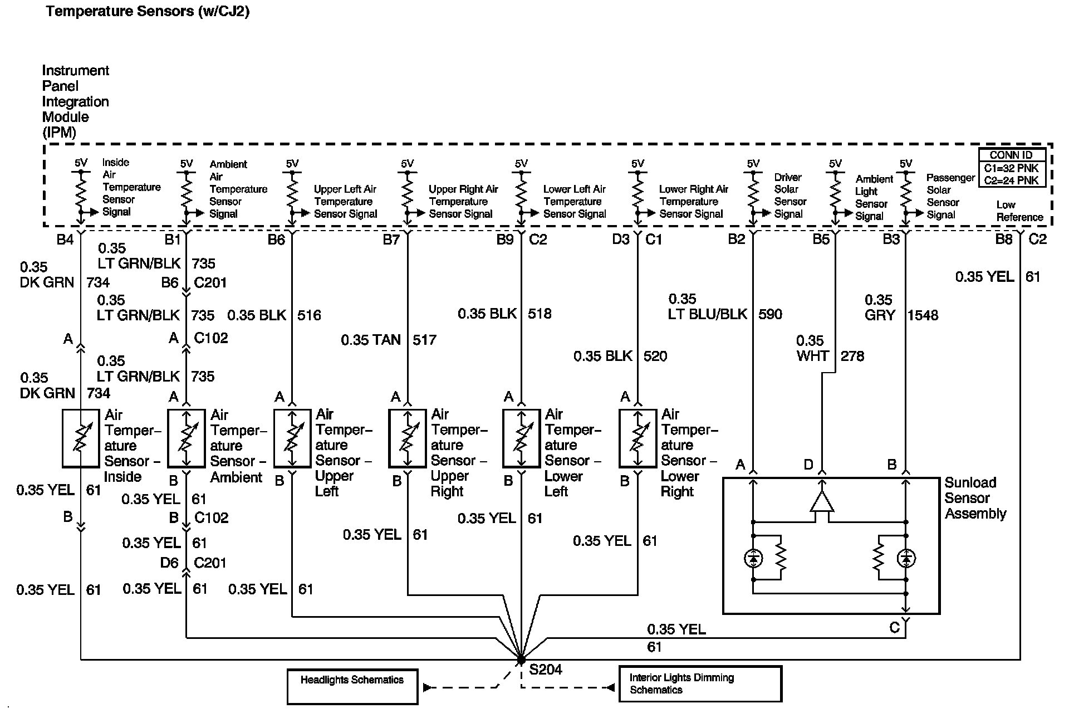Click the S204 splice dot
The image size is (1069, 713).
(x=521, y=660)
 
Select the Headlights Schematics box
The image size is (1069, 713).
(x=352, y=686)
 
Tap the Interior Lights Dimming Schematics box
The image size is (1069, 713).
(x=700, y=683)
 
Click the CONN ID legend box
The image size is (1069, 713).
(x=1012, y=167)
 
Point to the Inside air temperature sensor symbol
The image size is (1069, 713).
(x=81, y=438)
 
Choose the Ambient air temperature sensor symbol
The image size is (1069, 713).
(x=187, y=438)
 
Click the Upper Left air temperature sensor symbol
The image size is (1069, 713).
(x=292, y=438)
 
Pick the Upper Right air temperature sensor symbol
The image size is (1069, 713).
(x=407, y=438)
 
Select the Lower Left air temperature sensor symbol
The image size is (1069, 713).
(x=521, y=438)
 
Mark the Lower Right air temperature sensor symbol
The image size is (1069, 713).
(x=638, y=438)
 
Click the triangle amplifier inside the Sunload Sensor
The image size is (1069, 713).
(x=822, y=502)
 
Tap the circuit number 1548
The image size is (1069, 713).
(x=923, y=315)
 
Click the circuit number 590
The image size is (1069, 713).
(x=770, y=314)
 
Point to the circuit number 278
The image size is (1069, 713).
(x=852, y=356)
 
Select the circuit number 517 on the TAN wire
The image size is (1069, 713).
(x=424, y=340)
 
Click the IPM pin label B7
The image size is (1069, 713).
(x=391, y=240)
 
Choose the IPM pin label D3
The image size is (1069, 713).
(x=621, y=240)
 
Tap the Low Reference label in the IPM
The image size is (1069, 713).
(x=1019, y=211)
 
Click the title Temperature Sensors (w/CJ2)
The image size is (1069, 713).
(x=148, y=11)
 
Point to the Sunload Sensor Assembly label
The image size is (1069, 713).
(x=975, y=498)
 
